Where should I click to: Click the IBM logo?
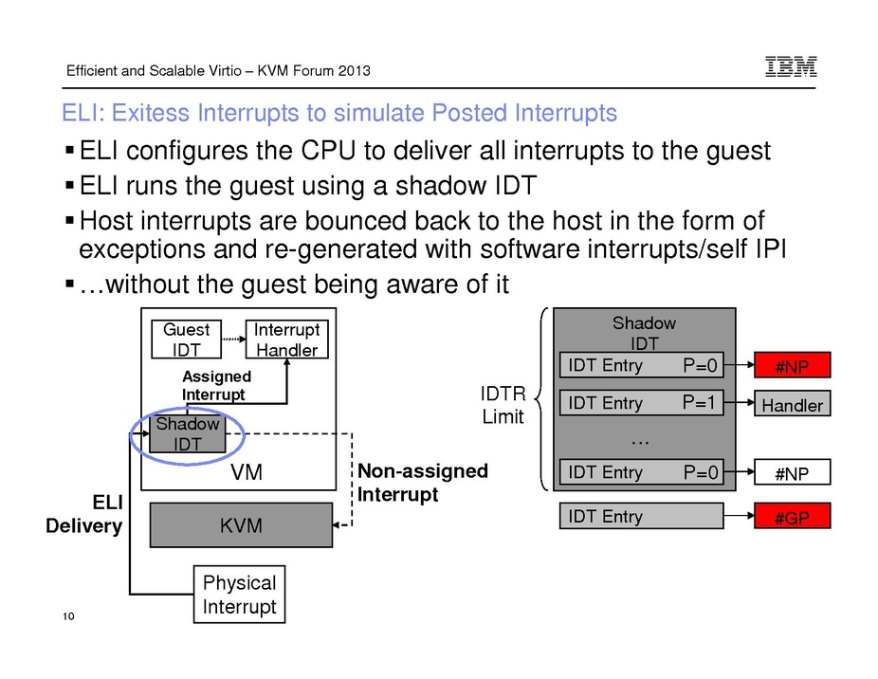[x=791, y=66]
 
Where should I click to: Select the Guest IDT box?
[x=186, y=339]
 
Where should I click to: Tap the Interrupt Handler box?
[x=286, y=339]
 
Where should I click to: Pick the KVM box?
[x=241, y=525]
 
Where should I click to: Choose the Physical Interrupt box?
[x=239, y=595]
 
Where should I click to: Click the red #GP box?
[x=792, y=517]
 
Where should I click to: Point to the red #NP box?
[x=792, y=366]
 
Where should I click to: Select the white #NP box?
[x=792, y=473]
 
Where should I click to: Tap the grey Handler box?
[x=792, y=405]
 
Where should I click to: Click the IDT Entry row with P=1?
[x=642, y=403]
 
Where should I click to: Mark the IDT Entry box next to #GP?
[x=642, y=517]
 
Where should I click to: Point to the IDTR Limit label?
[x=503, y=405]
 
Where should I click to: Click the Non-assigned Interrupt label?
[x=422, y=483]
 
